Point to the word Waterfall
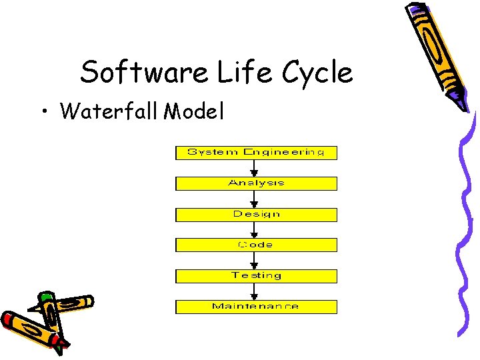[x=109, y=111]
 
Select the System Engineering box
[x=256, y=153]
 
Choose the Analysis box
[x=256, y=183]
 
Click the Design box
[x=256, y=215]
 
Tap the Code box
[x=256, y=245]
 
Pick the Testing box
[x=256, y=276]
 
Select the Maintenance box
[x=256, y=307]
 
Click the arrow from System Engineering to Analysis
[x=256, y=169]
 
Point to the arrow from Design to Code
[x=256, y=230]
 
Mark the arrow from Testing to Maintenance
[x=256, y=292]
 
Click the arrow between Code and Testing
[x=256, y=261]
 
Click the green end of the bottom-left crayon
[x=46, y=296]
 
